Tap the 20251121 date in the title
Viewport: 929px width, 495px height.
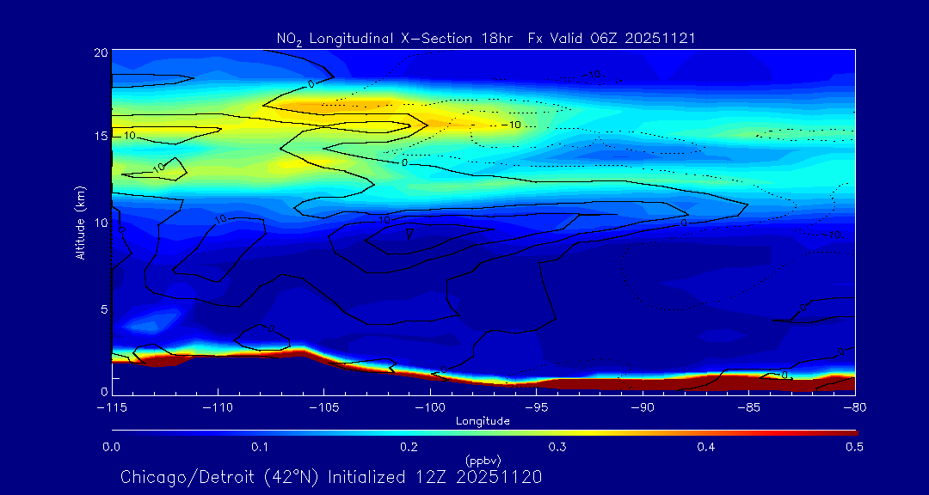661,39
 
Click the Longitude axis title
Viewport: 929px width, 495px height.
483,420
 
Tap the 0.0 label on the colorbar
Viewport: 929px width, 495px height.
112,447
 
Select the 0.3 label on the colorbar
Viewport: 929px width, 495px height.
558,447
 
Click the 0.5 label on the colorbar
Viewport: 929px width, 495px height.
855,447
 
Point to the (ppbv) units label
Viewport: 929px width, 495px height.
483,460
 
